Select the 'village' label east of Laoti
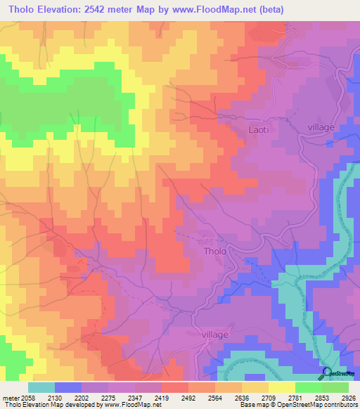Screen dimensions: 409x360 pos(323,126)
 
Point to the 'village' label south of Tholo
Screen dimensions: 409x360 pos(215,336)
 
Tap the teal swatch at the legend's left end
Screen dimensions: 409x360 pos(41,387)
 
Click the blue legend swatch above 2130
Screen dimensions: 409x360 pos(68,387)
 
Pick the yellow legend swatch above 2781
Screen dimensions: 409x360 pos(281,387)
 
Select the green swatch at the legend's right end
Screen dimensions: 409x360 pos(335,387)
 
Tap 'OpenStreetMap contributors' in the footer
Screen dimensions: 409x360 pos(320,405)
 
